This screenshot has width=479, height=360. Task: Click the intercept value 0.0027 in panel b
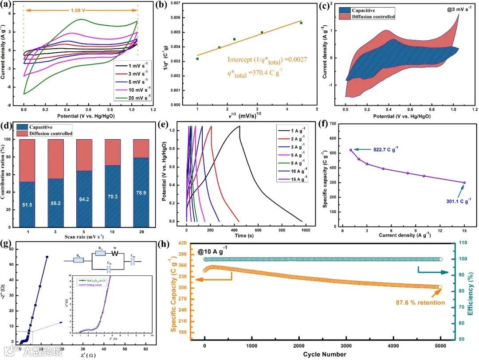291,59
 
